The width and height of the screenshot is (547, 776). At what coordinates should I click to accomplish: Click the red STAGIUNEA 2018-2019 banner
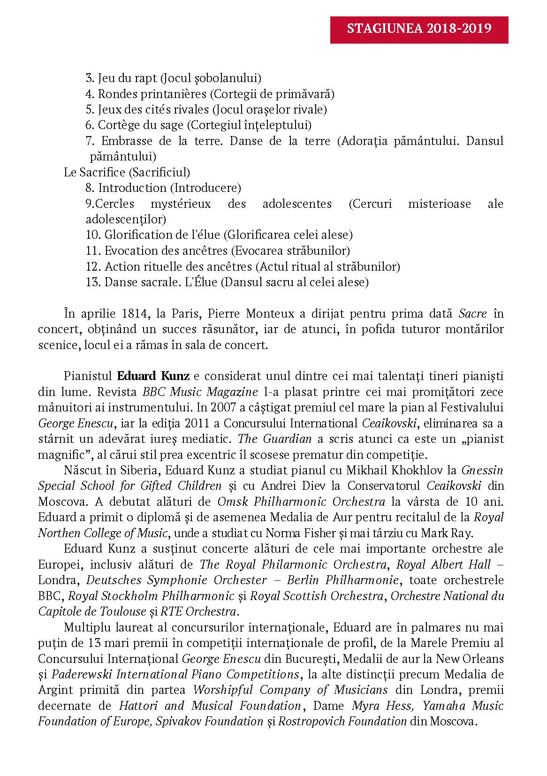pyautogui.click(x=419, y=30)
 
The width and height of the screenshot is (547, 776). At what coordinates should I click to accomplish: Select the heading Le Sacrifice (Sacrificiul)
pyautogui.click(x=127, y=172)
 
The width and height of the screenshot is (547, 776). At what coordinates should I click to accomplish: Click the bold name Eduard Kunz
pyautogui.click(x=153, y=376)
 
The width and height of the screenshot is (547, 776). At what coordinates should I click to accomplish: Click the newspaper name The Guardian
pyautogui.click(x=275, y=439)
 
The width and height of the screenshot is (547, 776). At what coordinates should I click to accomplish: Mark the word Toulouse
pyautogui.click(x=124, y=612)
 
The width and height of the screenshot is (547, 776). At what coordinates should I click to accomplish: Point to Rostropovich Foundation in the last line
pyautogui.click(x=342, y=722)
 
